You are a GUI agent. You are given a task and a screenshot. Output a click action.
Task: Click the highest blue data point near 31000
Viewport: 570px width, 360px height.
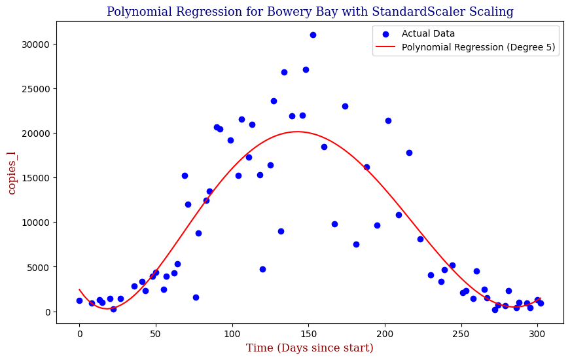pyautogui.click(x=313, y=35)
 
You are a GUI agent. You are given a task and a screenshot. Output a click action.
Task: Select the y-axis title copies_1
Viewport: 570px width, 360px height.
pyautogui.click(x=12, y=172)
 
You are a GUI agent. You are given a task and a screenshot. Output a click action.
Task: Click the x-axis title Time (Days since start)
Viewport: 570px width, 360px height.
pyautogui.click(x=310, y=348)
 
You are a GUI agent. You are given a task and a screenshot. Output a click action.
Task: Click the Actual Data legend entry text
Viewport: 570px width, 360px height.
pyautogui.click(x=428, y=33)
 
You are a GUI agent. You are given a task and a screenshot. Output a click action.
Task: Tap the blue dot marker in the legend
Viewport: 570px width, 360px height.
pyautogui.click(x=386, y=33)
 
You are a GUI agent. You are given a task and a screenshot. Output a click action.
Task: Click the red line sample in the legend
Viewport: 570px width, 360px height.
pyautogui.click(x=386, y=47)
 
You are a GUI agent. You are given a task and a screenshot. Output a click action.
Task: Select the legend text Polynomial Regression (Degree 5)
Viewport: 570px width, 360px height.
pyautogui.click(x=479, y=47)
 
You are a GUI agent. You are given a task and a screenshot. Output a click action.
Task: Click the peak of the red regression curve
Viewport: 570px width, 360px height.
pyautogui.click(x=296, y=132)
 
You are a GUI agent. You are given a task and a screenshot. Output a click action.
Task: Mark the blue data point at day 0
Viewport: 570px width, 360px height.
pyautogui.click(x=79, y=300)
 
